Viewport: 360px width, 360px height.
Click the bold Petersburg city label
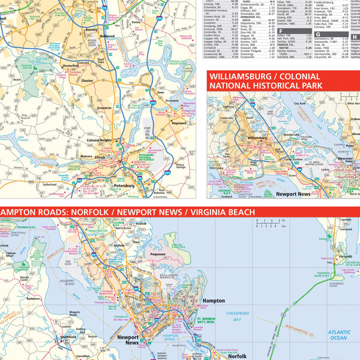point(124,186)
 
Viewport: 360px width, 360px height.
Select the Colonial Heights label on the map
point(99,140)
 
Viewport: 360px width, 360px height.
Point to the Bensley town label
point(92,29)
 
